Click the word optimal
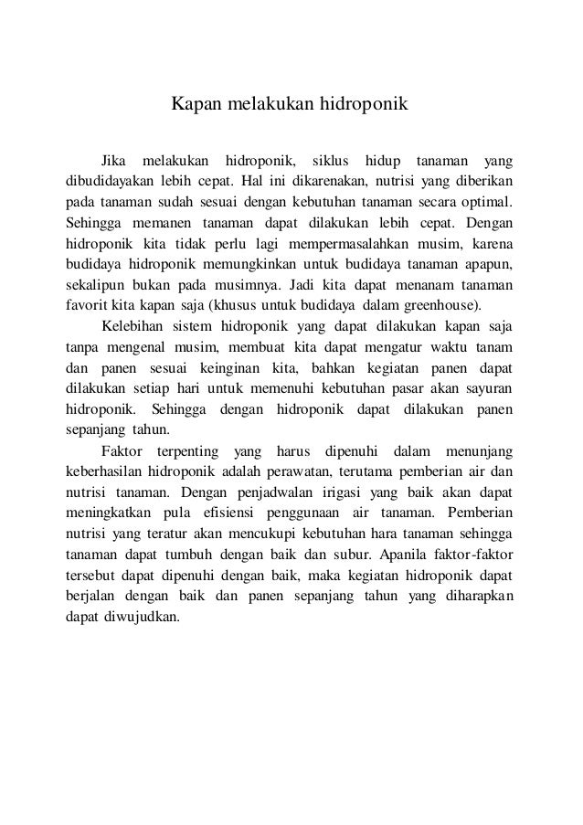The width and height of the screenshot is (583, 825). pos(486,200)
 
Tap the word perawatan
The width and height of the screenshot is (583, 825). pos(299,472)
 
